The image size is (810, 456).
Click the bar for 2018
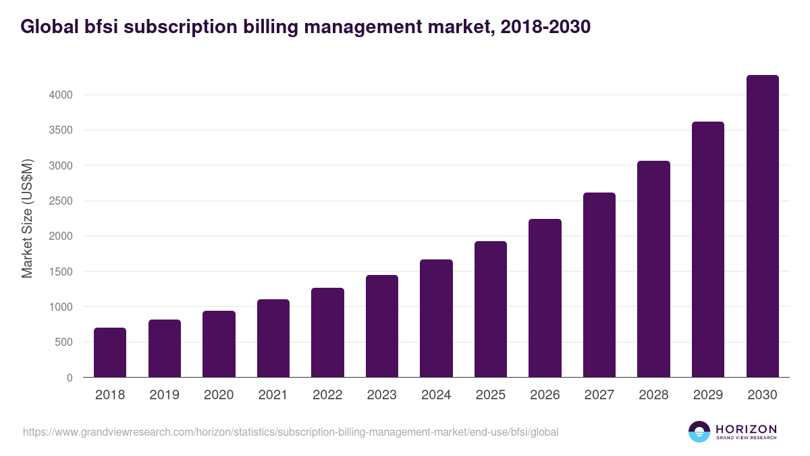pos(110,353)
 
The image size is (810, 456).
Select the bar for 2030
pos(762,226)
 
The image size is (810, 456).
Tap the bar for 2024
pos(436,318)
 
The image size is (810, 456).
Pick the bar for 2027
pos(599,285)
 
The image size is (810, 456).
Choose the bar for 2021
pos(273,338)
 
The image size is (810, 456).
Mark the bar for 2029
pos(708,249)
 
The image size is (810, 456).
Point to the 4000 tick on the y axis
pos(60,95)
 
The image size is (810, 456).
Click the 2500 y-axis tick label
pos(60,201)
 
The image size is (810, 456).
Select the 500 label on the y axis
pos(63,343)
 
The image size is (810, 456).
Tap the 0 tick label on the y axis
pos(70,378)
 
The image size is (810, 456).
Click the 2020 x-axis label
pos(219,395)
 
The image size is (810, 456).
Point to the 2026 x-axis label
pos(545,395)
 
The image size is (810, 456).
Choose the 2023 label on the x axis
pos(382,395)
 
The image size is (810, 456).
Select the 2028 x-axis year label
pos(653,395)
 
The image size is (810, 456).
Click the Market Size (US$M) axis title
pos(27,218)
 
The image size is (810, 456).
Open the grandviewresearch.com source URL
pos(291,432)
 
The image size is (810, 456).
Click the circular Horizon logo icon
pos(699,432)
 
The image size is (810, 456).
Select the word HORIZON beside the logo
pos(746,428)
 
